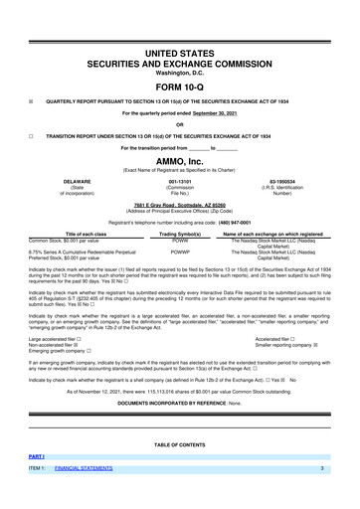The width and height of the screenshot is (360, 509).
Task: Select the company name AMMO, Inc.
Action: [x=180, y=161]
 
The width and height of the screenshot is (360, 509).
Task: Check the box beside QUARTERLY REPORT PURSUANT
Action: [x=31, y=101]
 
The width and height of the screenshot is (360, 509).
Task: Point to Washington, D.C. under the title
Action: [x=180, y=72]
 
